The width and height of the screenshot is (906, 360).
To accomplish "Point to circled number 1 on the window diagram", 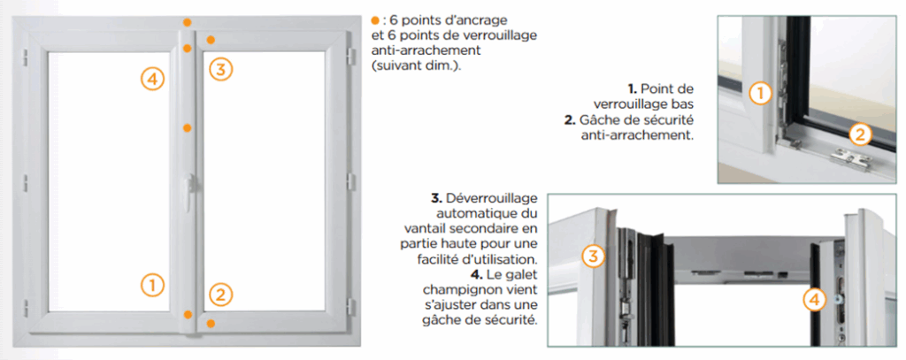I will click(x=152, y=284).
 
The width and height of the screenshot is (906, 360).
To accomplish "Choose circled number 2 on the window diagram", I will click(x=220, y=294).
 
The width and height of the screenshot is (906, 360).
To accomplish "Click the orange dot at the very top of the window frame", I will click(x=187, y=20).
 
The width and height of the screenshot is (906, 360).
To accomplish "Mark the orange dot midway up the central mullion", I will click(x=187, y=128).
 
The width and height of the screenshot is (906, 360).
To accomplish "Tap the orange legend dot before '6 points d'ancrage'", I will click(x=375, y=19).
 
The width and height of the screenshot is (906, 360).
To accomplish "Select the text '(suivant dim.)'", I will click(x=416, y=67).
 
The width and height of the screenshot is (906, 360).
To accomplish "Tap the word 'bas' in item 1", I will click(x=681, y=104).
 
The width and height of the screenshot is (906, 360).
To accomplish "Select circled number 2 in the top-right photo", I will click(x=859, y=134).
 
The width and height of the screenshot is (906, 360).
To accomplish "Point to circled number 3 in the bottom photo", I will click(x=595, y=257).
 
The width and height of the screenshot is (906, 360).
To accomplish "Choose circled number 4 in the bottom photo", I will click(x=815, y=300).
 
